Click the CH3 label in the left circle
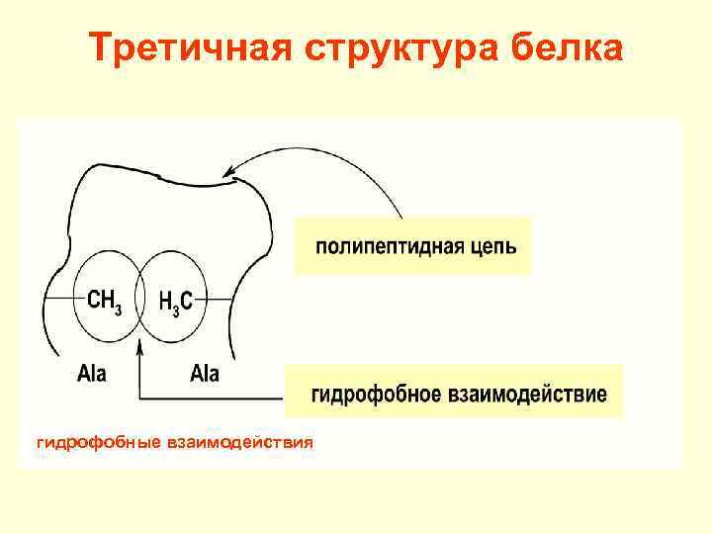(104, 300)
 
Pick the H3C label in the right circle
(176, 300)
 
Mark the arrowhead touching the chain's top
(230, 174)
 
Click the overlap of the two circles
(140, 299)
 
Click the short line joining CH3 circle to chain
(59, 299)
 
